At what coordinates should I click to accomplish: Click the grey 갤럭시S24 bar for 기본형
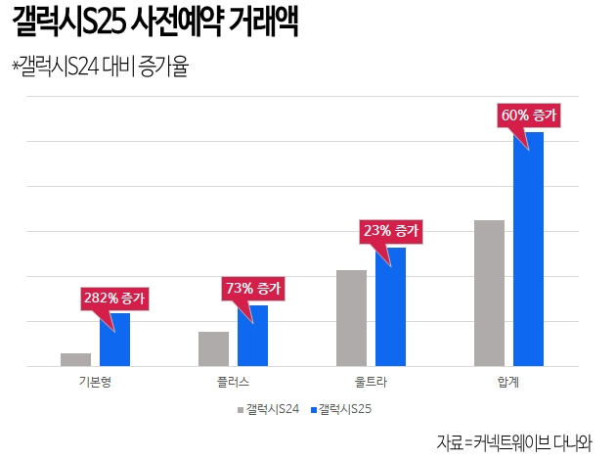coord(75,359)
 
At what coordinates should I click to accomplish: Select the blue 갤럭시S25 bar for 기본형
coord(114,340)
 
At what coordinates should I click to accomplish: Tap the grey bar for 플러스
coord(213,348)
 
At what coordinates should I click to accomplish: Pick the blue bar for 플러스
coord(252,336)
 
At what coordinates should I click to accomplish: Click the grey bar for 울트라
coord(351,318)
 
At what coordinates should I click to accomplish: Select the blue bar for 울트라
coord(390,306)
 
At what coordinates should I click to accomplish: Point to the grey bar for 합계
coord(489,293)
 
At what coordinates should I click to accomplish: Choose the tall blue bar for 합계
coord(528,249)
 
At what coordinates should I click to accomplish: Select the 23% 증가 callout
coord(390,231)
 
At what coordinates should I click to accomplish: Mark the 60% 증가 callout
coord(528,115)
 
